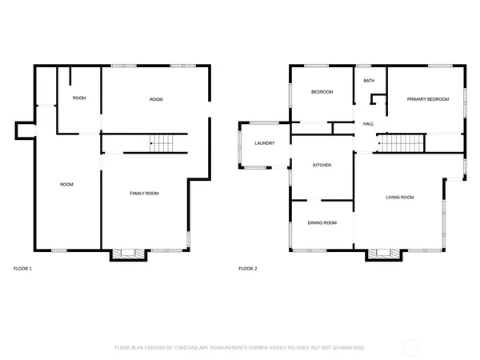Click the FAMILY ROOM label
(144, 193)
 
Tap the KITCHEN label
(322, 165)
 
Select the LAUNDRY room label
(265, 143)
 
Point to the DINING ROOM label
(322, 222)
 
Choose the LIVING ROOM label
(399, 197)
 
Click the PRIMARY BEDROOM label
(427, 99)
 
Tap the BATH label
(369, 81)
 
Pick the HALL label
(369, 124)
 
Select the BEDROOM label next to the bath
(322, 92)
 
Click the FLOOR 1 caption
(23, 269)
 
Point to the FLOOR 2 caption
(248, 269)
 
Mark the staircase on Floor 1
(162, 144)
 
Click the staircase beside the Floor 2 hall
(394, 143)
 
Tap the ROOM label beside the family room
(66, 185)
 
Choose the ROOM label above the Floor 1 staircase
(156, 99)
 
